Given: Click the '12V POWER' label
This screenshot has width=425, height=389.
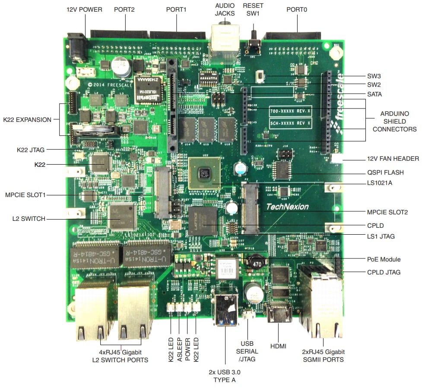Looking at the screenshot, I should tap(84, 9).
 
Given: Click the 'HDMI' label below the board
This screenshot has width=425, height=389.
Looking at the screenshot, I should tap(279, 346).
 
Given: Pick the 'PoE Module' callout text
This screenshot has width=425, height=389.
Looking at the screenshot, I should tap(384, 259).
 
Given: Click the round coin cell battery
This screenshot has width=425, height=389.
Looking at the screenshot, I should tap(99, 129).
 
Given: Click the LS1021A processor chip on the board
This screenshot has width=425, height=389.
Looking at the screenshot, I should tap(204, 174).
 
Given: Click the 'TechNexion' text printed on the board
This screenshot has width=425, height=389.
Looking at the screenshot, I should tap(287, 207).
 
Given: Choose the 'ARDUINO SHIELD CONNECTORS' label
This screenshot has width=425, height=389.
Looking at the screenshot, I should tap(394, 121).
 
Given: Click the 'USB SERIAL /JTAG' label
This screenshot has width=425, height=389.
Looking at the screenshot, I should tap(249, 351).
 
